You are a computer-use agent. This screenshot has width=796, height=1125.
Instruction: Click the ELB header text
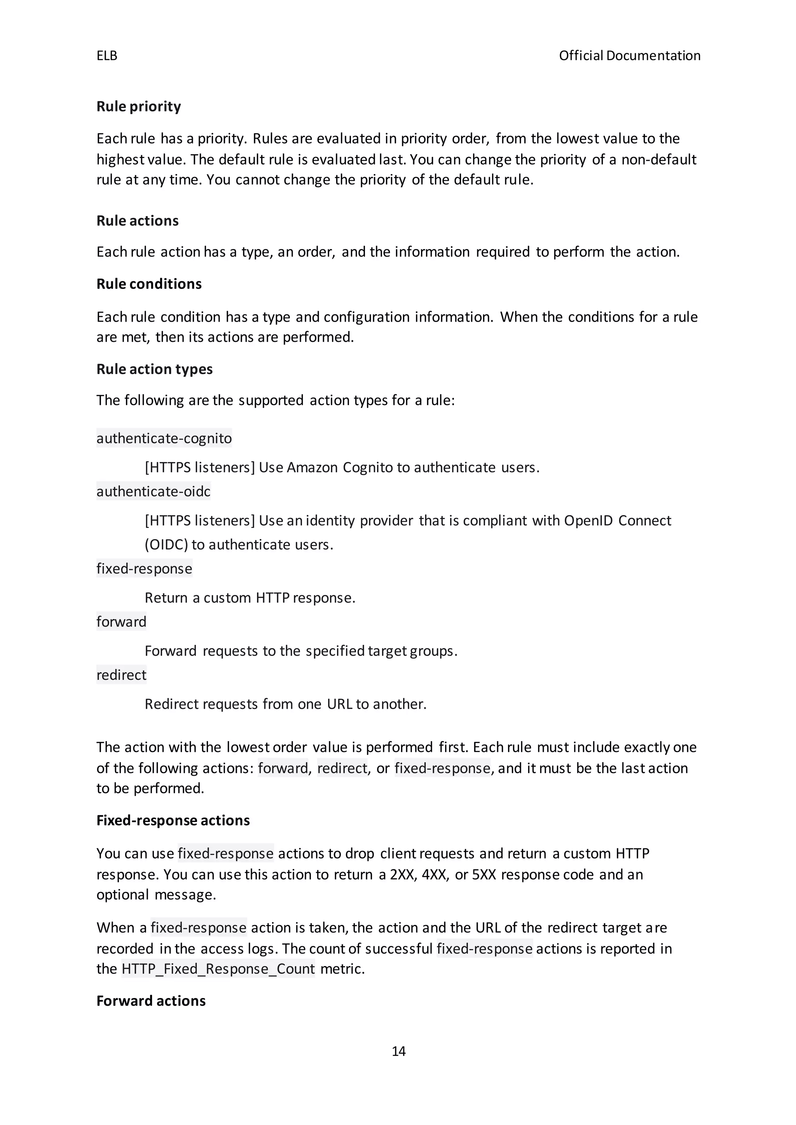[x=107, y=56]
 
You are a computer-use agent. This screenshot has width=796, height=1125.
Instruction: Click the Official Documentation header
[x=629, y=56]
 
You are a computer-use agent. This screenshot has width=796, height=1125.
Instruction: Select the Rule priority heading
[x=139, y=106]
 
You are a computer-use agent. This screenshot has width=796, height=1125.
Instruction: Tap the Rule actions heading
[x=137, y=221]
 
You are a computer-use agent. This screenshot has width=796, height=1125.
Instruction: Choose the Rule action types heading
[x=154, y=369]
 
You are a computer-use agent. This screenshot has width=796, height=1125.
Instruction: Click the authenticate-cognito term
[x=164, y=438]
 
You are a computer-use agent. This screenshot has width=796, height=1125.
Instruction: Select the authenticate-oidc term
[x=154, y=491]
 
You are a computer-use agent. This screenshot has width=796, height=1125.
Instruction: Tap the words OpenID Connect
[x=617, y=521]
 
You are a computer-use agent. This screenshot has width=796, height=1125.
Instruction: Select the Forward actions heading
[x=151, y=1001]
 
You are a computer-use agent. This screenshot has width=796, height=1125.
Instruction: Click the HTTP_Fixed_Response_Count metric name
[x=218, y=969]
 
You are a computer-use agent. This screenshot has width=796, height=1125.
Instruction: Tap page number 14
[x=398, y=1051]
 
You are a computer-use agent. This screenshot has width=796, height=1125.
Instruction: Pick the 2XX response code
[x=402, y=874]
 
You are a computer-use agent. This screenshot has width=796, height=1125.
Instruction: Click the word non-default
[x=659, y=160]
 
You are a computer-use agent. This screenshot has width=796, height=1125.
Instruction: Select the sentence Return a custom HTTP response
[x=250, y=598]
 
